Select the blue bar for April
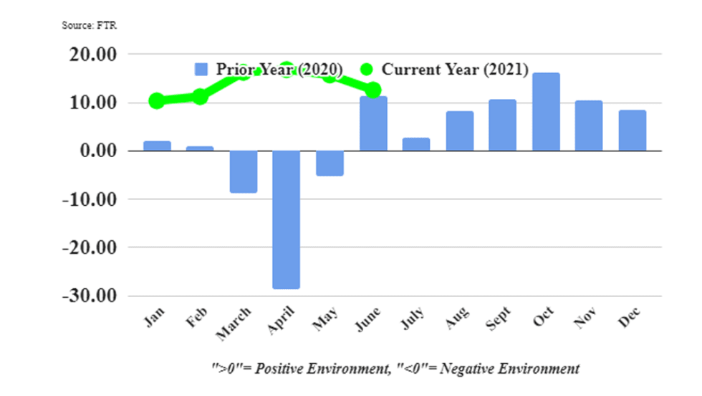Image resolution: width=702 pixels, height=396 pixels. click(286, 220)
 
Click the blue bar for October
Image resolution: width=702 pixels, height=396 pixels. click(546, 112)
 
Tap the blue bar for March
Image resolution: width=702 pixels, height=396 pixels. click(243, 171)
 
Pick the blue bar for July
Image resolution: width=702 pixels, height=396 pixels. click(416, 144)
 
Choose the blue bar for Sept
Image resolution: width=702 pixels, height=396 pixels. click(502, 125)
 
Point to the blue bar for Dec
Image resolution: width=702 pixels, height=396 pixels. click(632, 131)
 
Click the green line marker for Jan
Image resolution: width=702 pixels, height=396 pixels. click(157, 101)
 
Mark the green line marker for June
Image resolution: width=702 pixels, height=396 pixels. click(373, 90)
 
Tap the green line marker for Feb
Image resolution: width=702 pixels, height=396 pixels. click(200, 97)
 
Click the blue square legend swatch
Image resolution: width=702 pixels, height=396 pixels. click(201, 70)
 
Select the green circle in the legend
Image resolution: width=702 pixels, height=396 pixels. click(367, 70)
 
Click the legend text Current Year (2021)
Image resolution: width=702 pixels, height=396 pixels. click(455, 70)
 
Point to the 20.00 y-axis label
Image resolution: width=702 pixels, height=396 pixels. click(92, 55)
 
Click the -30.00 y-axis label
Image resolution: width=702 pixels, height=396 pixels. click(89, 296)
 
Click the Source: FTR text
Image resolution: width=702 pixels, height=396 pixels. click(89, 25)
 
